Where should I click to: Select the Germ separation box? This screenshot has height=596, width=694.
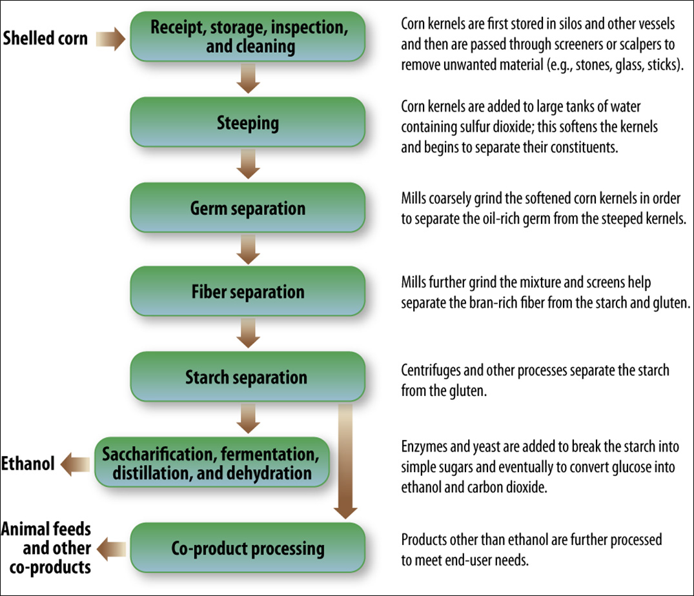[249, 208]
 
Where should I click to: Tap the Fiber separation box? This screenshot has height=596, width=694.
[249, 292]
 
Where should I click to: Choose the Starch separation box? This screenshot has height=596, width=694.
[249, 377]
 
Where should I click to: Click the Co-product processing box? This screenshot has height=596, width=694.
[249, 548]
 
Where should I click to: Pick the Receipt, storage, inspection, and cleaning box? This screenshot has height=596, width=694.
[249, 37]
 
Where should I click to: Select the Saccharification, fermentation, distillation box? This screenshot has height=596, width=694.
[211, 462]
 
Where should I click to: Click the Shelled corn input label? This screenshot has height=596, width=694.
[45, 37]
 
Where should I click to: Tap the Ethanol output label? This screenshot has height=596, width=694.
[28, 463]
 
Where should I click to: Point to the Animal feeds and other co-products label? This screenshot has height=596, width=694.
[46, 548]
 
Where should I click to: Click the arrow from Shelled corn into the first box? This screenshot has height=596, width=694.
[111, 39]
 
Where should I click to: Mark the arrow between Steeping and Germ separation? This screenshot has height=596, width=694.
[248, 166]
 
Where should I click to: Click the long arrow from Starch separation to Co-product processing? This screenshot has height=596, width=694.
[347, 461]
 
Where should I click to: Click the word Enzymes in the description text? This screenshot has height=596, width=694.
[424, 447]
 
